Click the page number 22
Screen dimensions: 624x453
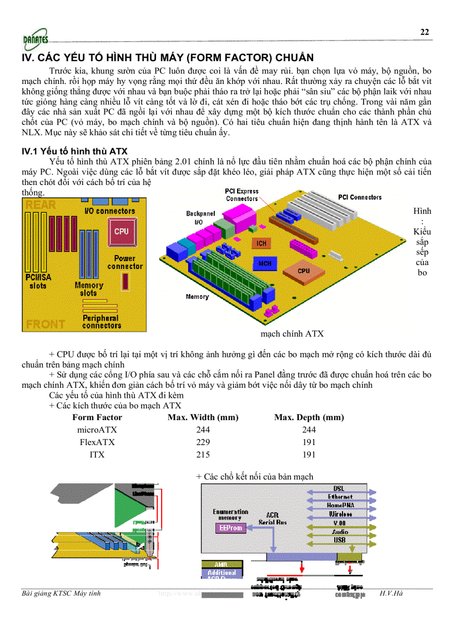coord(424,32)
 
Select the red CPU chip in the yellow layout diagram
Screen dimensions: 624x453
coord(121,231)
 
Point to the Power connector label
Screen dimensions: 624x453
coord(125,262)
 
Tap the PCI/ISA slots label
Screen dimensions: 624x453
coord(38,281)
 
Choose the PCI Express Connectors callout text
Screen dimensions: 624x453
coord(242,195)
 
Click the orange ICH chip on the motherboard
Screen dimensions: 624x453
coord(261,243)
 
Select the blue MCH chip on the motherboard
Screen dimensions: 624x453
coord(265,263)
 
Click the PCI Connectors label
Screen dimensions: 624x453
coord(360,197)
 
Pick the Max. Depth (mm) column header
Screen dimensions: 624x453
coord(309,417)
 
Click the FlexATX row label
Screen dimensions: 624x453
coord(97,442)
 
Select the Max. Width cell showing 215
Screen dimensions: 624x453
coord(203,455)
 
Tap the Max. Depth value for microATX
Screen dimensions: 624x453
coord(309,430)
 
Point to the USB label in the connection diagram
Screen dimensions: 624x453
coord(340,540)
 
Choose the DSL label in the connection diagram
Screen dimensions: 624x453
coord(339,488)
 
